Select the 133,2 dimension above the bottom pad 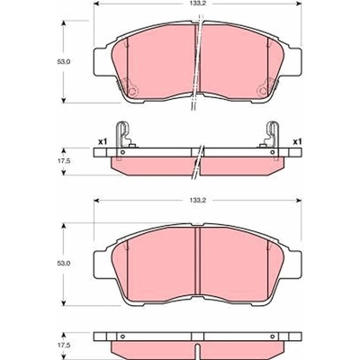tap(197, 200)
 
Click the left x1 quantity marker tap(103, 141)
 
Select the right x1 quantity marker tap(297, 141)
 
